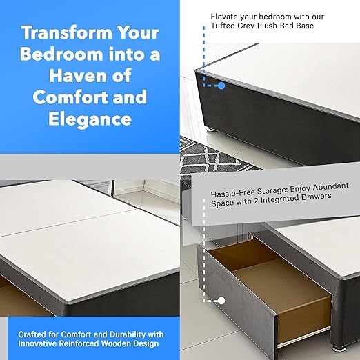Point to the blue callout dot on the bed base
pyautogui.click(x=221, y=86)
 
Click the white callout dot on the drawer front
pyautogui.click(x=221, y=301)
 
